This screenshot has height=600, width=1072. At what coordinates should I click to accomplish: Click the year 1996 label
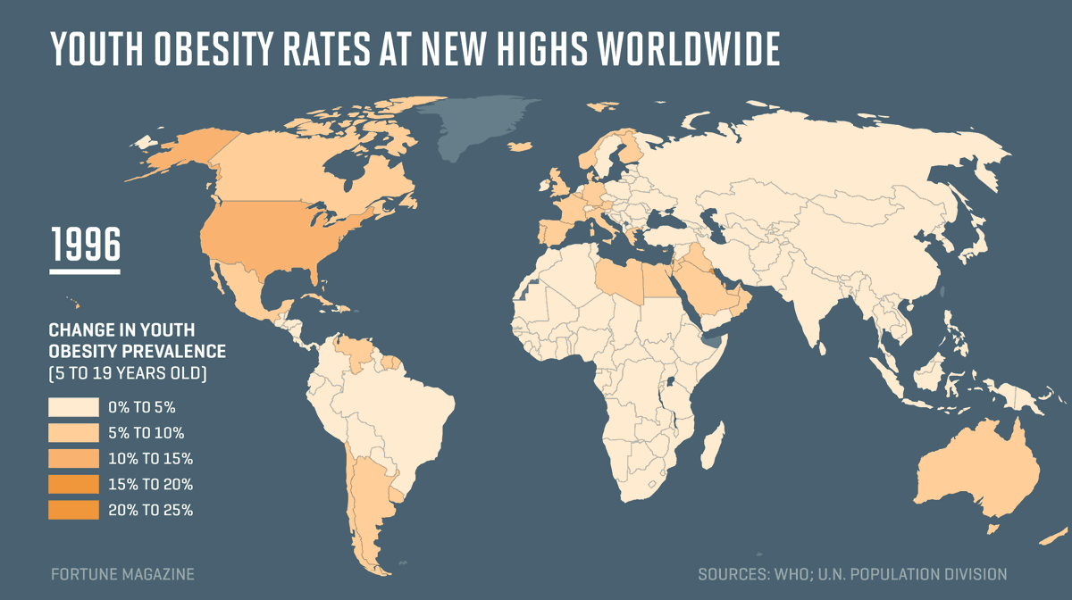tap(85, 244)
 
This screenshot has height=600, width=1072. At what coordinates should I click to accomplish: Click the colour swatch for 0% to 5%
tap(73, 407)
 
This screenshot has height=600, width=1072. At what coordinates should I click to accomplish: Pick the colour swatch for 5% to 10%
tap(73, 433)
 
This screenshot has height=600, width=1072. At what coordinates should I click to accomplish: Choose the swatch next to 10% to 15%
tap(73, 459)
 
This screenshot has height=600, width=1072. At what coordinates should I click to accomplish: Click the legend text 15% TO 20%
tap(150, 485)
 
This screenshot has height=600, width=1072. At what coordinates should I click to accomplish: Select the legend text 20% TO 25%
tap(150, 511)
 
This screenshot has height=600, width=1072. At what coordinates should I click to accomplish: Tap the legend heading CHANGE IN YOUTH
tap(121, 329)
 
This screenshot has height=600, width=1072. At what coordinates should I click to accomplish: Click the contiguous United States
tap(268, 237)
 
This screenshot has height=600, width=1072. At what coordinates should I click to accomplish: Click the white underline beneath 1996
tap(85, 268)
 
